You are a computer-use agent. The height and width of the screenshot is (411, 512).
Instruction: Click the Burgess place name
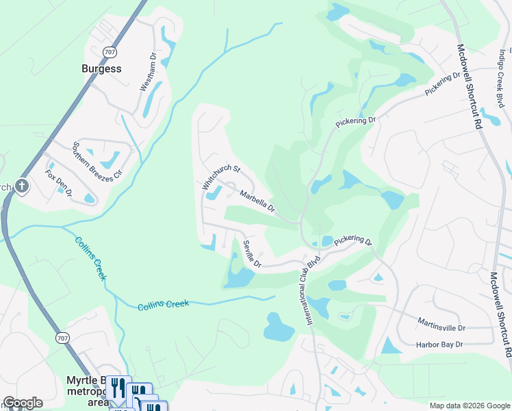point(101,68)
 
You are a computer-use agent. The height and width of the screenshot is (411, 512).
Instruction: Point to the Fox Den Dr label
point(59,180)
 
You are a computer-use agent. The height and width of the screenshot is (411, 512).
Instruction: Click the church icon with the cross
point(22,186)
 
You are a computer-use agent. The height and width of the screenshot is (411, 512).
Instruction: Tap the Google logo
point(22,403)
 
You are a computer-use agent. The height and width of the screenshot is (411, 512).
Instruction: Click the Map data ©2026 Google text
point(469,406)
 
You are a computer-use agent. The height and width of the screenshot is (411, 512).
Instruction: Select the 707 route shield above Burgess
point(110,52)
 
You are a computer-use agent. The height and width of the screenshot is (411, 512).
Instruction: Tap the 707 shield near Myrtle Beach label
point(63,338)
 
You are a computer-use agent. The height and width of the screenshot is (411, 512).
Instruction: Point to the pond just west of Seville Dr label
point(238,277)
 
